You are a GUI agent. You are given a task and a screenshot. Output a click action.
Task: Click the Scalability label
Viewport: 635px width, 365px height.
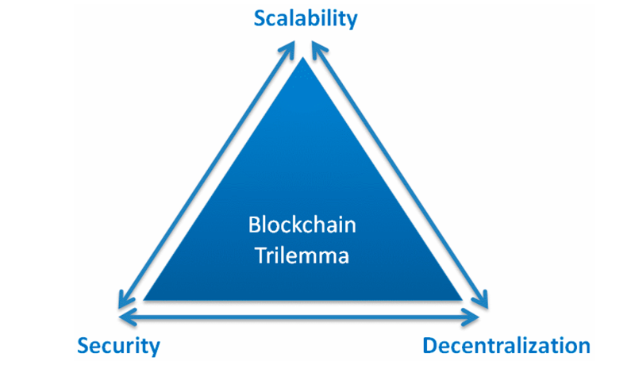coord(306,18)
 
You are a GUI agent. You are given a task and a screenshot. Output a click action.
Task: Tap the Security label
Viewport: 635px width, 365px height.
coord(118,346)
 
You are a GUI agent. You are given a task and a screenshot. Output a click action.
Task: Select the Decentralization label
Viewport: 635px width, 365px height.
coord(506,346)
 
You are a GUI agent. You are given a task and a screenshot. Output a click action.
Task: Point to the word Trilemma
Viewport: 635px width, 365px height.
coord(302,256)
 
